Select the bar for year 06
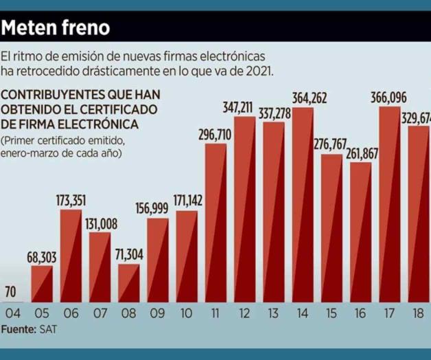coord(71,256)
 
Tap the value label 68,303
coord(41,257)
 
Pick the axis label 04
coord(12,313)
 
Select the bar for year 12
coord(245,210)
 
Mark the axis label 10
coord(187,313)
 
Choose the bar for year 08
coord(128,283)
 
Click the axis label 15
coord(332,313)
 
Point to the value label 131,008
coord(100,223)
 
